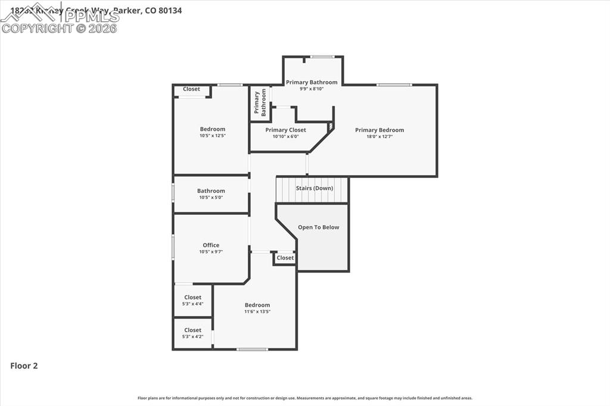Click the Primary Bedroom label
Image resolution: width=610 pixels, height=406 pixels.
[379, 130]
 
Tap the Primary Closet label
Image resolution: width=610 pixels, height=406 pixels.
[285, 130]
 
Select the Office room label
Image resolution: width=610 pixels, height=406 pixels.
[211, 245]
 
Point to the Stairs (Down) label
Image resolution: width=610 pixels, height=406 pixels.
[315, 188]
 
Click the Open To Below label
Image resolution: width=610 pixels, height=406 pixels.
[318, 227]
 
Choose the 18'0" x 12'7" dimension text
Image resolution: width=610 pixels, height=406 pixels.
[379, 136]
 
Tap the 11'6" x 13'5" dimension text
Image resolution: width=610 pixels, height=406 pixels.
[257, 311]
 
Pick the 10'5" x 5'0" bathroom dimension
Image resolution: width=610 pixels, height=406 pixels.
[211, 198]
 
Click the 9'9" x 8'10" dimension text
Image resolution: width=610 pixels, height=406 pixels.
[312, 89]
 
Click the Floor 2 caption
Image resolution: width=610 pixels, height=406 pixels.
[24, 366]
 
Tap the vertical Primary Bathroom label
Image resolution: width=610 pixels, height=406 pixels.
[260, 102]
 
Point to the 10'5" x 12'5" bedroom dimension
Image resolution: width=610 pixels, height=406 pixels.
[213, 136]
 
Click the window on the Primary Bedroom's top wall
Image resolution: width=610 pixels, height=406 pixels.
[394, 85]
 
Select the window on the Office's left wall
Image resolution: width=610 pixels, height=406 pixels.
[173, 246]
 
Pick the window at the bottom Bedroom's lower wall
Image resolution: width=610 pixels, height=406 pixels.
[252, 349]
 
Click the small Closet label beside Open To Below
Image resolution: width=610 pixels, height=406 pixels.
[285, 258]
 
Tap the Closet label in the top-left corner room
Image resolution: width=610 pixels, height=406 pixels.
[191, 89]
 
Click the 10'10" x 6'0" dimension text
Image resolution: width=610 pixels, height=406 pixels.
[285, 136]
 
